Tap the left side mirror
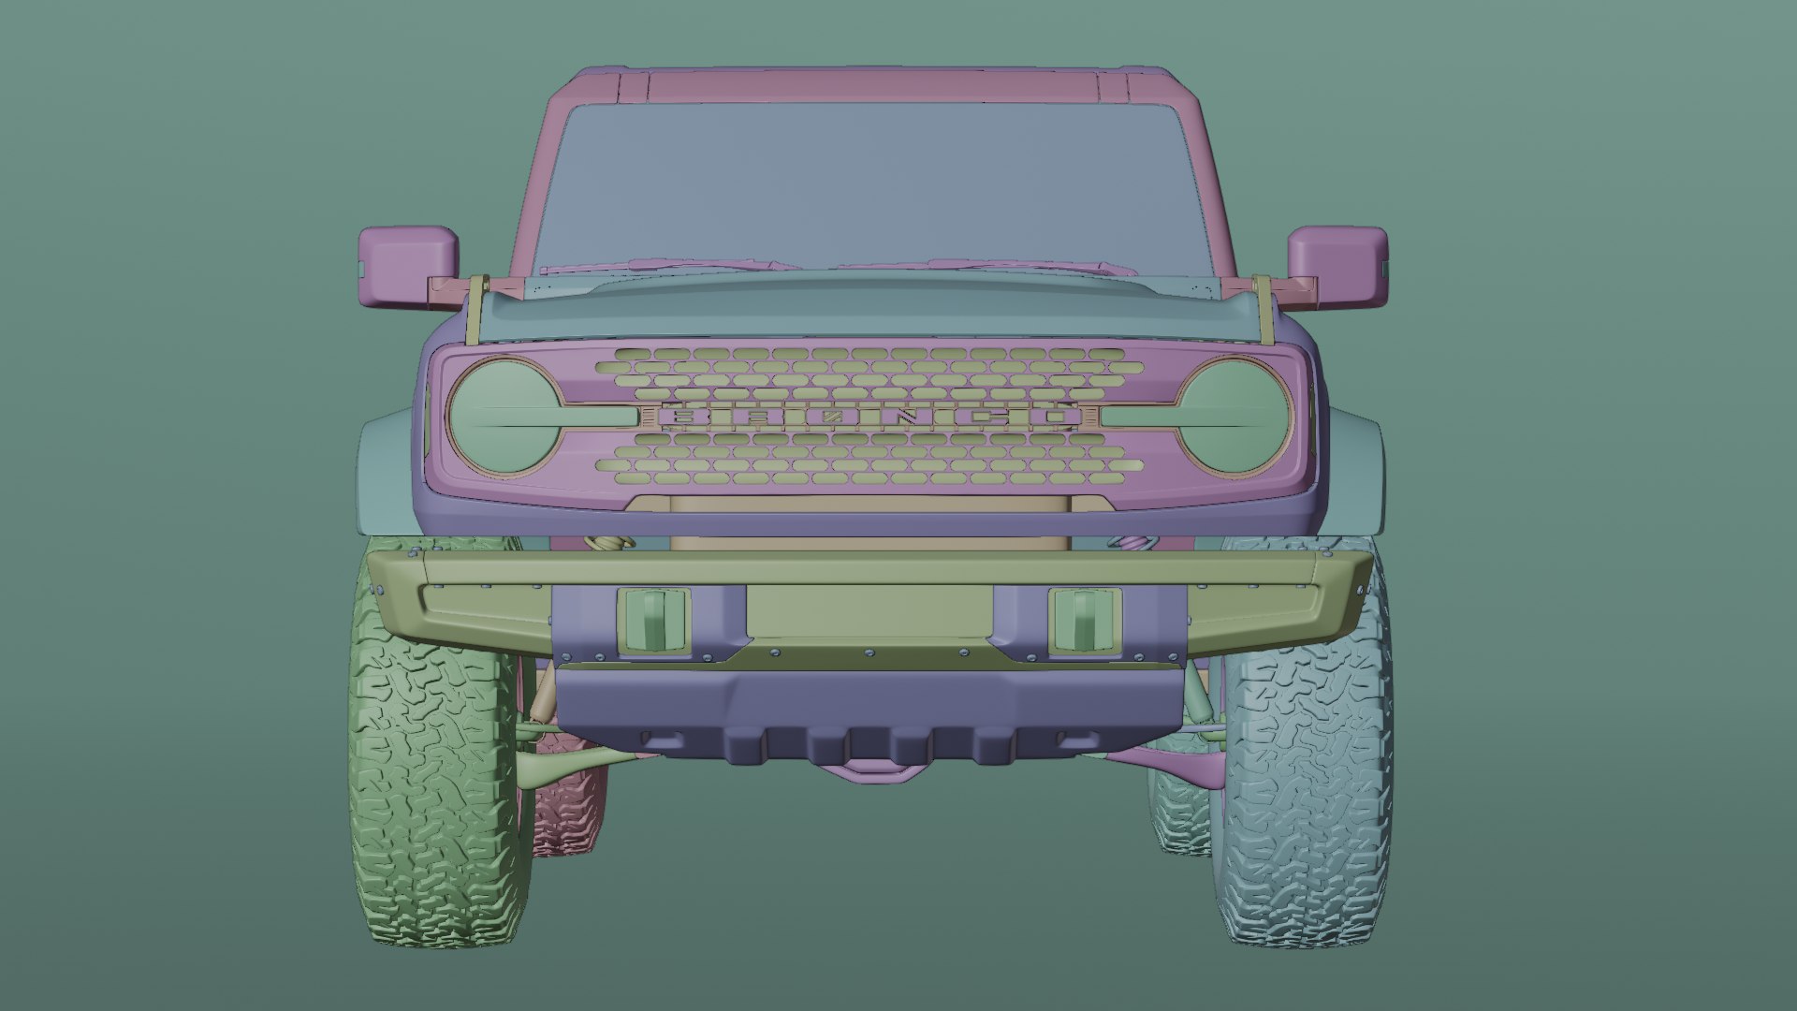[x=407, y=266]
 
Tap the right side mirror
[x=1337, y=266]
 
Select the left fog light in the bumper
[x=654, y=620]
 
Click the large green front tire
[x=435, y=786]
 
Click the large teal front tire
[x=1306, y=786]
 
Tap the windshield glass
[x=870, y=178]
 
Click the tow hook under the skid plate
[x=870, y=769]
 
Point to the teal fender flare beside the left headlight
[x=384, y=468]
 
